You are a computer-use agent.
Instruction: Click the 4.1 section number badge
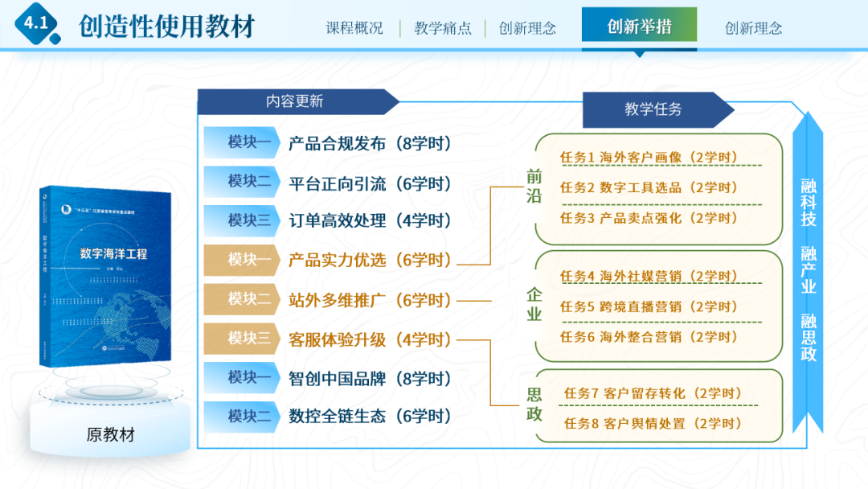point(36,25)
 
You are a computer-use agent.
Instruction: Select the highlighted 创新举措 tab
point(639,27)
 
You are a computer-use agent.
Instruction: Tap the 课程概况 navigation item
point(354,28)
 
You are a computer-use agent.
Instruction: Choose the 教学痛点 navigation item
point(443,28)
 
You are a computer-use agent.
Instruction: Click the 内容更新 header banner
point(295,101)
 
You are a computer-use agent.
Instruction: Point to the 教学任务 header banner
point(653,109)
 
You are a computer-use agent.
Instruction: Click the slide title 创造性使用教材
point(167,27)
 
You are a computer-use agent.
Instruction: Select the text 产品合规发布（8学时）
point(370,144)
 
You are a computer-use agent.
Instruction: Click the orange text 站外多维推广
point(338,300)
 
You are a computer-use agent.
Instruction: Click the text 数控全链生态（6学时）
point(370,417)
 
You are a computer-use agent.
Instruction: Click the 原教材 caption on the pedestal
point(111,435)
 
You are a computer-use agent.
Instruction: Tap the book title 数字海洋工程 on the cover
point(113,254)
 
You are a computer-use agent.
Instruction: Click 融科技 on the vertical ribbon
point(809,203)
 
